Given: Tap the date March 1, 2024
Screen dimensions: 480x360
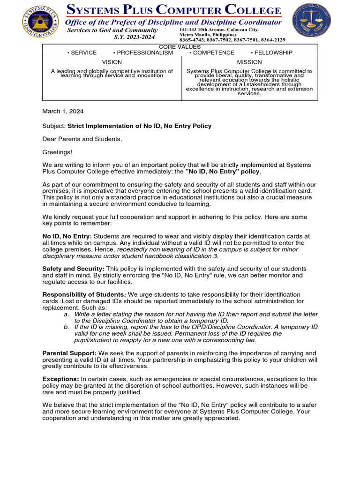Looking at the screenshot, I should [x=63, y=111].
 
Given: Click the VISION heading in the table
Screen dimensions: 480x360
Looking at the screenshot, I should [x=112, y=62].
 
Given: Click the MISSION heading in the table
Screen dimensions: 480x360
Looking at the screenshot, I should [x=249, y=62].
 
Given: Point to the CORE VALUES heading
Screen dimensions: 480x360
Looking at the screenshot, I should [x=180, y=47].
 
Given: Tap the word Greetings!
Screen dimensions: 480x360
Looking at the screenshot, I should [x=58, y=152].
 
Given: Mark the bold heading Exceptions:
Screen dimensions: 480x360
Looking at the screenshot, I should [x=60, y=379].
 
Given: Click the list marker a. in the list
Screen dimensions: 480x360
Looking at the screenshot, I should [x=67, y=314].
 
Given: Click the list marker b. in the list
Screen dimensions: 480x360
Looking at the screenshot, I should [x=67, y=327].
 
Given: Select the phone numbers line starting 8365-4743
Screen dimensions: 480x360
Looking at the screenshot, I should [x=232, y=40].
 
